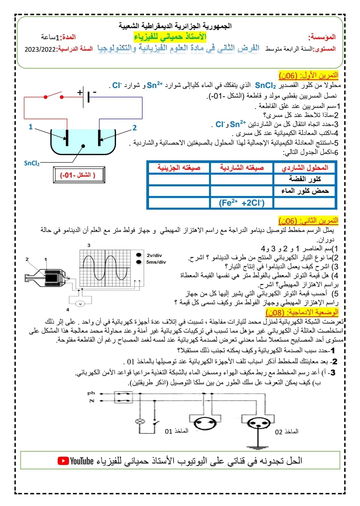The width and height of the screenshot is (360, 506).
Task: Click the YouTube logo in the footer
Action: pyautogui.click(x=76, y=461)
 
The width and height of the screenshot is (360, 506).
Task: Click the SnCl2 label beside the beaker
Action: pyautogui.click(x=32, y=163)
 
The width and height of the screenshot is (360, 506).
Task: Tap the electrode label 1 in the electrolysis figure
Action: pyautogui.click(x=31, y=127)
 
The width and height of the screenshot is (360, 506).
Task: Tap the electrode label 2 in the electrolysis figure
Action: pyautogui.click(x=135, y=128)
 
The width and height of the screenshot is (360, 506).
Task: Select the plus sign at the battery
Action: pyautogui.click(x=80, y=92)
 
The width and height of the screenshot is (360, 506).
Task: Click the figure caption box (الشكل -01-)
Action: pyautogui.click(x=79, y=175)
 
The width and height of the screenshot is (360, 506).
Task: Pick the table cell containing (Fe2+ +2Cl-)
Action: pyautogui.click(x=242, y=203)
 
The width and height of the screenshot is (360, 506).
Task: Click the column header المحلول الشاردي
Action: pyautogui.click(x=305, y=167)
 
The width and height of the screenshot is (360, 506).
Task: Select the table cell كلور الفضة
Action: pyautogui.click(x=305, y=179)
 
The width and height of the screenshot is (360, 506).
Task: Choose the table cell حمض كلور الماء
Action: pyautogui.click(x=305, y=191)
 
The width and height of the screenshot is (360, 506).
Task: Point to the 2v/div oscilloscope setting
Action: pyautogui.click(x=154, y=255)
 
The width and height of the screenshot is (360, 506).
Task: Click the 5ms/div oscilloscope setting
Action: pyautogui.click(x=156, y=262)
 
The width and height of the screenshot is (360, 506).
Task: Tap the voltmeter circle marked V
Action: pyautogui.click(x=80, y=304)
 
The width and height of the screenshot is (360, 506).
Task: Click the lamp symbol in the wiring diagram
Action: pyautogui.click(x=140, y=421)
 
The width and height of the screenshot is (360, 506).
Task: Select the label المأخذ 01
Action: pyautogui.click(x=177, y=431)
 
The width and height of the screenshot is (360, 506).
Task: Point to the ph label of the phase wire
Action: pyautogui.click(x=91, y=393)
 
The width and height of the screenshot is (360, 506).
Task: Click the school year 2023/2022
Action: pyautogui.click(x=40, y=49)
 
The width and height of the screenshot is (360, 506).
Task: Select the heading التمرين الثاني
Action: pyautogui.click(x=308, y=221)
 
